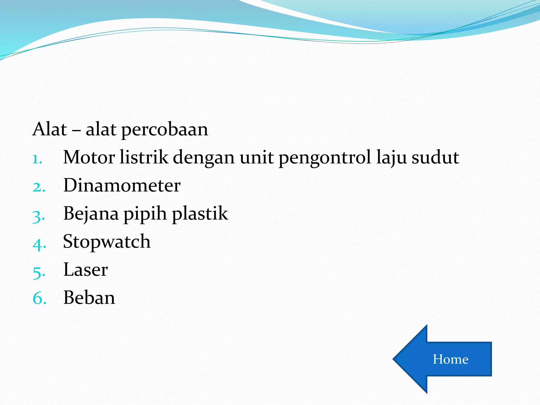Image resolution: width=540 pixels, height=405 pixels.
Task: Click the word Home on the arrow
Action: point(450,359)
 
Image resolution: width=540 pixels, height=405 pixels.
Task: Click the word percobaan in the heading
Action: point(165,130)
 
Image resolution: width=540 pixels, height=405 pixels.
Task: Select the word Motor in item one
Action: point(89,157)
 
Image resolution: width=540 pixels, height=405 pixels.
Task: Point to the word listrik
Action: point(144,157)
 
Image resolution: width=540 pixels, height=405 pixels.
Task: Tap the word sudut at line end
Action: point(435,157)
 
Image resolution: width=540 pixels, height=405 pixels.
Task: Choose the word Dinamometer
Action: point(122,185)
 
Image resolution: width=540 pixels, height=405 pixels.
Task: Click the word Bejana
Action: point(91,214)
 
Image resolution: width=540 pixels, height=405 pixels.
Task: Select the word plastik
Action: point(200,213)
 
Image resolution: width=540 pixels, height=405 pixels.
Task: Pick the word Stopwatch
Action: point(107,242)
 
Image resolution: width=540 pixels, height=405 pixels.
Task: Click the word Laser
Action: point(85,270)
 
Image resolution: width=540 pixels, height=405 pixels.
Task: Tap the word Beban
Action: point(89,298)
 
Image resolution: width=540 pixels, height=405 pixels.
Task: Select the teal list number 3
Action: point(38,217)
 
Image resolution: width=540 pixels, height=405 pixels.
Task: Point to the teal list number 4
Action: point(38,245)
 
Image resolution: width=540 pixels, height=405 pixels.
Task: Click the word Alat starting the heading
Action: point(50,129)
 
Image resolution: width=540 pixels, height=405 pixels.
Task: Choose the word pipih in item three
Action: point(145,214)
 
